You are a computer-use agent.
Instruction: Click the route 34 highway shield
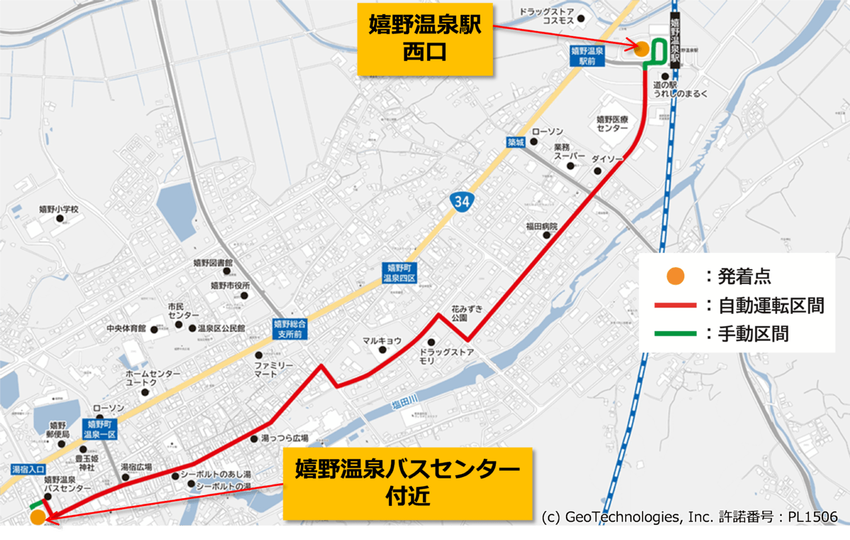click(x=461, y=202)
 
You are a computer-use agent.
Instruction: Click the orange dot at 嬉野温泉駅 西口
click(x=641, y=48)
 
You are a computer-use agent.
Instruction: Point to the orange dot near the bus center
click(x=38, y=517)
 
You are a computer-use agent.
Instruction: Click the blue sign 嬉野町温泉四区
click(x=400, y=273)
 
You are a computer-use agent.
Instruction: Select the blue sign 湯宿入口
click(x=28, y=469)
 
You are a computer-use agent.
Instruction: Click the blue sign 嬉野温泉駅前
click(x=587, y=56)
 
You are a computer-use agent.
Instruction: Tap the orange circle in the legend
click(x=676, y=276)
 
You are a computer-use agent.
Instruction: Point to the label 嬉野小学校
click(x=59, y=210)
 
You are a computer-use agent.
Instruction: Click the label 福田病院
click(x=542, y=226)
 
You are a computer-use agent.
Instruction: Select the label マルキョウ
click(x=382, y=341)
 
